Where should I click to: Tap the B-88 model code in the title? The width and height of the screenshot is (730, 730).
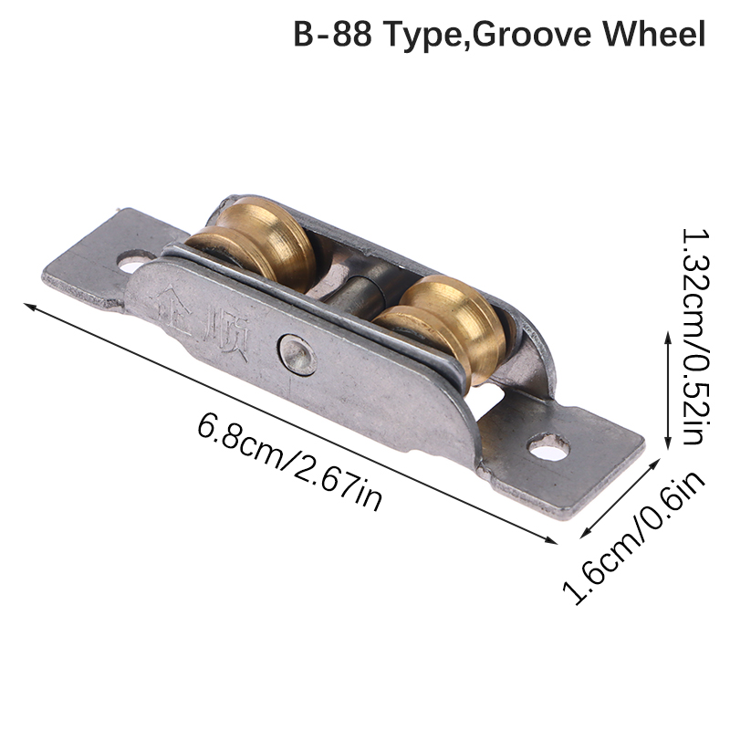coord(332,34)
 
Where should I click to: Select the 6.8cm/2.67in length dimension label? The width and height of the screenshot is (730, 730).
coord(289,462)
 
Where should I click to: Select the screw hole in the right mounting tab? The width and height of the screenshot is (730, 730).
coord(548,447)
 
